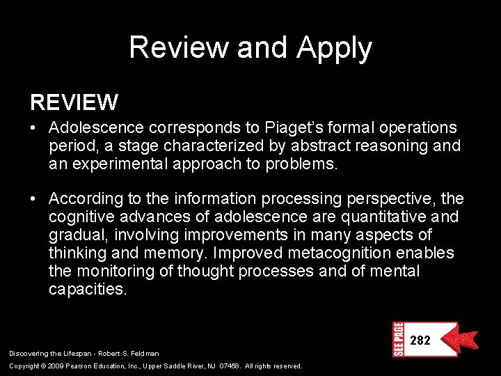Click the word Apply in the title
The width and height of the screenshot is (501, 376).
(x=334, y=49)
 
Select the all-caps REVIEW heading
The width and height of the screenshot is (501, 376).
(x=74, y=103)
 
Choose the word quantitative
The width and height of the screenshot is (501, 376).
(x=380, y=217)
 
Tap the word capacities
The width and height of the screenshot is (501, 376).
(x=88, y=290)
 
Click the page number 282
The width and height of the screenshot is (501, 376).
(x=420, y=340)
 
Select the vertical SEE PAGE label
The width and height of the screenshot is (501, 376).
(x=398, y=339)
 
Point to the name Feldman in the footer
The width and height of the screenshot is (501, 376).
(x=143, y=354)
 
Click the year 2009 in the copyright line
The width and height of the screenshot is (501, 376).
(x=58, y=366)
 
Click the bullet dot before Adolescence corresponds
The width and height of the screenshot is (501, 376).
(x=33, y=128)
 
